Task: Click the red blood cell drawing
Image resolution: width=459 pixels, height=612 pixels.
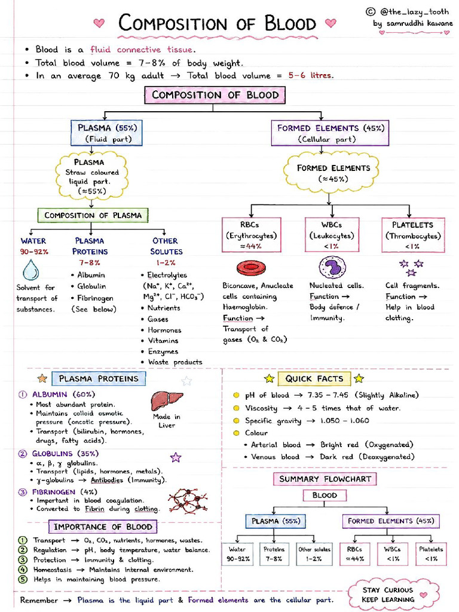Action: [x=251, y=268]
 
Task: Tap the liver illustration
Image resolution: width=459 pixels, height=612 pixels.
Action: [x=167, y=400]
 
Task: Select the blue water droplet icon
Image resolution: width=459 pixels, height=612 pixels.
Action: [x=31, y=270]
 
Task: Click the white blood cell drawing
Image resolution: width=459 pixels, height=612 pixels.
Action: [x=332, y=268]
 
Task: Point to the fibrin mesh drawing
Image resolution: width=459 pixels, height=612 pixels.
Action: [x=188, y=501]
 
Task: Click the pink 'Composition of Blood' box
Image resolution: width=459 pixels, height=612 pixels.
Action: [x=215, y=95]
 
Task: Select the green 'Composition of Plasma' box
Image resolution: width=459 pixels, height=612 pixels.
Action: [x=93, y=215]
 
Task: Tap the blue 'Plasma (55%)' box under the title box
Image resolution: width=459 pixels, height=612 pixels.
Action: [x=106, y=133]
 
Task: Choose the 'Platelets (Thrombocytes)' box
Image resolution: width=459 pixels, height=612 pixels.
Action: [x=413, y=235]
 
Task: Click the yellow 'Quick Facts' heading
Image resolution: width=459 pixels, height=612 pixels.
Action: [x=314, y=378]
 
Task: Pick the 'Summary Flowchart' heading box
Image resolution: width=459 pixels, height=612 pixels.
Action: [x=325, y=479]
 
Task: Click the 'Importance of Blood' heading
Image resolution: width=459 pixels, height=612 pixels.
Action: [x=103, y=527]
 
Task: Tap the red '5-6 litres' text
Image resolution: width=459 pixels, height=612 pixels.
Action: [x=311, y=75]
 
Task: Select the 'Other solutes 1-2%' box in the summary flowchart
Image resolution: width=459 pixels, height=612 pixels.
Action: [x=314, y=554]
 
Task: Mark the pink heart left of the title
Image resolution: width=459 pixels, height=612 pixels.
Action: [x=99, y=23]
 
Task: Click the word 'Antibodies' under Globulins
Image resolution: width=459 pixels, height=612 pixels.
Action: [x=107, y=480]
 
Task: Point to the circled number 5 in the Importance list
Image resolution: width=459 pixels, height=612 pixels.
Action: [x=23, y=579]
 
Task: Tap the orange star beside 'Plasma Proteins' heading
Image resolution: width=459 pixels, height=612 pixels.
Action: [x=42, y=378]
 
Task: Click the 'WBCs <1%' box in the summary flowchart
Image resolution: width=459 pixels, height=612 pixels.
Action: [x=392, y=554]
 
